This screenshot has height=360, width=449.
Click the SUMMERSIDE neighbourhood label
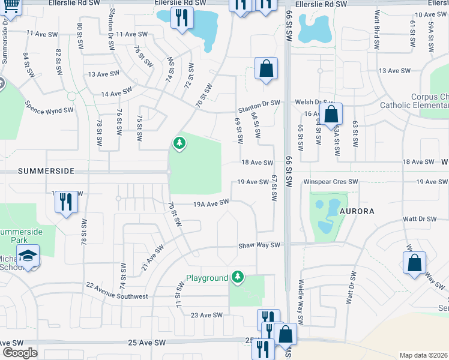point(46,171)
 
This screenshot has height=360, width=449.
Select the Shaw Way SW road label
point(259,245)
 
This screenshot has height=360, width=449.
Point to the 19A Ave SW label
point(211,203)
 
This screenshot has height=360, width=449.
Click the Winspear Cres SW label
point(330,181)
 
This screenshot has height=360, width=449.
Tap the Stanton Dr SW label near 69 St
point(259,104)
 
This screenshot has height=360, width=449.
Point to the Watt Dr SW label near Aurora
point(420,219)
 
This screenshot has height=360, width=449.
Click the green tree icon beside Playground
point(238,276)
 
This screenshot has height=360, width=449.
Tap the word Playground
point(207,278)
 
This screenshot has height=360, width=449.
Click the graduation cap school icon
point(28,256)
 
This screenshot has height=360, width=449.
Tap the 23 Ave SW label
point(206,315)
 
